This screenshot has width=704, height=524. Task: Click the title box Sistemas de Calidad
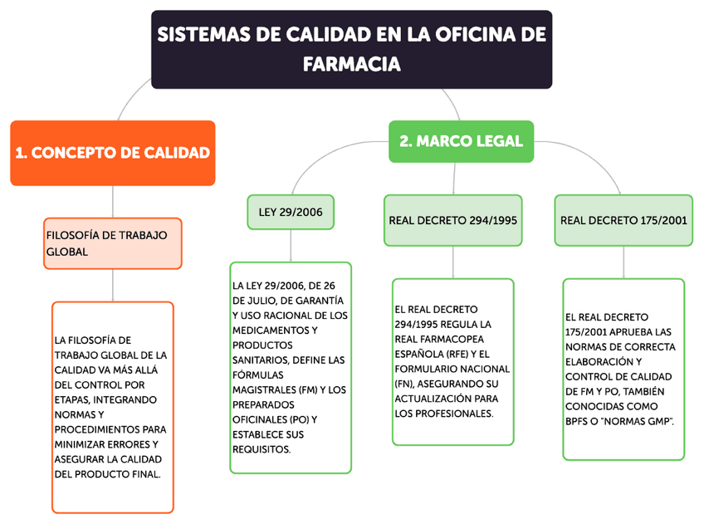(351, 49)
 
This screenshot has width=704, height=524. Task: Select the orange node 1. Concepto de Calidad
(112, 153)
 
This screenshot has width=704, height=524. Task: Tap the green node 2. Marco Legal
(461, 141)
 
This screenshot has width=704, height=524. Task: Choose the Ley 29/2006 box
(290, 213)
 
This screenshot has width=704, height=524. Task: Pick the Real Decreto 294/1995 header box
(452, 220)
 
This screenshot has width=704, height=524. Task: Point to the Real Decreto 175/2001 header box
(623, 220)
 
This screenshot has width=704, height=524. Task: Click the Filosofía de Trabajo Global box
(112, 243)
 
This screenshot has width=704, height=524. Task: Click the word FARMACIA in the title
(351, 64)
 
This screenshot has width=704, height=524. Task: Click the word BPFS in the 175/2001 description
(579, 422)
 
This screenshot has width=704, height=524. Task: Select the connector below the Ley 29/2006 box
(290, 245)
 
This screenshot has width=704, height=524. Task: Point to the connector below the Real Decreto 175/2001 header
(623, 262)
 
